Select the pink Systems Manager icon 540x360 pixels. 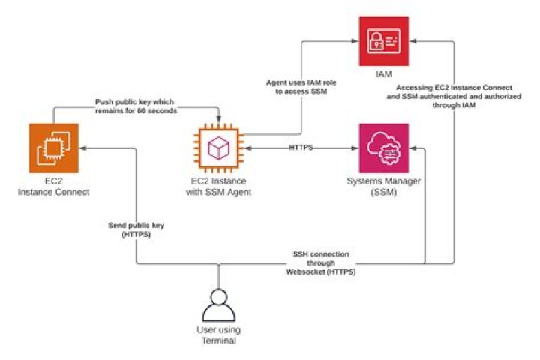(x=383, y=148)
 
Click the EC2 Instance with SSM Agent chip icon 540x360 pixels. (x=217, y=148)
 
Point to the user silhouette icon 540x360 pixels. (x=219, y=303)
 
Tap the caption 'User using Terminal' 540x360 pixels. (x=218, y=336)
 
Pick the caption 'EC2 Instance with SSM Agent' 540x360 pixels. (x=217, y=187)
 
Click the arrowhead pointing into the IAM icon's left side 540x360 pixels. (x=353, y=41)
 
